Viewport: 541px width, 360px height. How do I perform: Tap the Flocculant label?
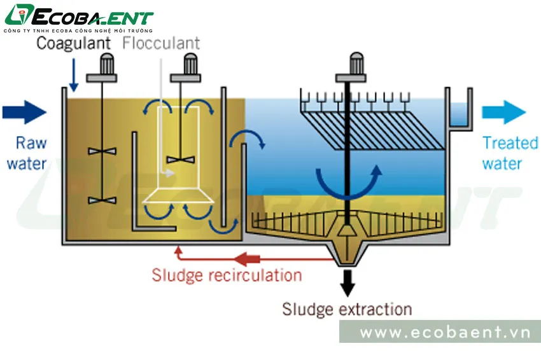(161, 43)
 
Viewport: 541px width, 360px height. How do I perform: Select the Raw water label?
(26, 153)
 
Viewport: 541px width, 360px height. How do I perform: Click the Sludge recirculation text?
(227, 275)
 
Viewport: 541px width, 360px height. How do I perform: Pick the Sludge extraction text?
(347, 310)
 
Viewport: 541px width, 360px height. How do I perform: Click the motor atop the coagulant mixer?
(102, 66)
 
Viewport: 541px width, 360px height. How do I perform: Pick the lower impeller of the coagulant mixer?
(102, 200)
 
